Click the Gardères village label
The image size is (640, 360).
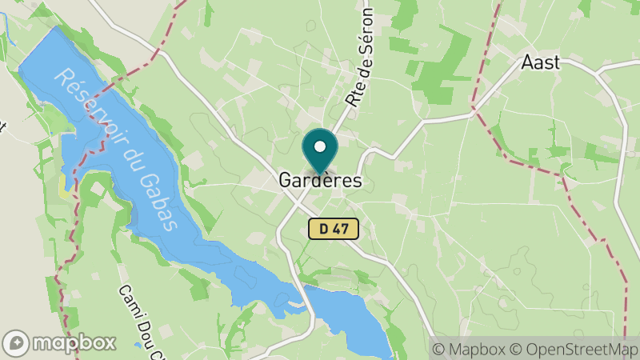(320, 181)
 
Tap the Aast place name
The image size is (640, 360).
(540, 62)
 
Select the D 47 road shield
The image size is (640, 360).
(334, 229)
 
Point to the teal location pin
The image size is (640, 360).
(320, 152)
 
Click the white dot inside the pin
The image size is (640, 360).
(320, 147)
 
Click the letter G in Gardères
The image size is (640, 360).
(286, 181)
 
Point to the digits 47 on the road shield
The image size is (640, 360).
(342, 229)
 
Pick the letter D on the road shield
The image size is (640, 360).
(323, 229)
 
